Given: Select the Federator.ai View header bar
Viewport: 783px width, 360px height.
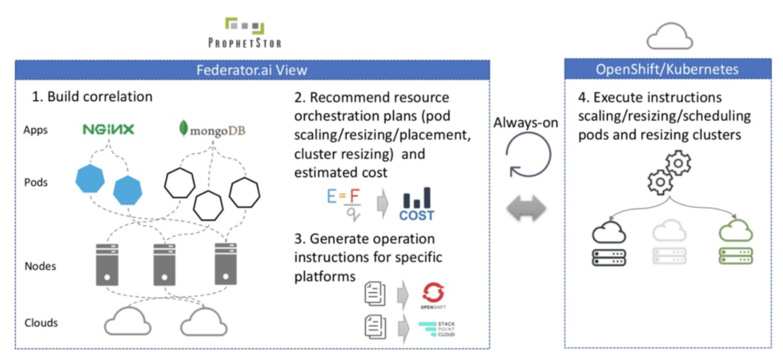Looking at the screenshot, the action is coord(252,70).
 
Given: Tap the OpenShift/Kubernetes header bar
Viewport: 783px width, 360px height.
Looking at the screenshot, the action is coord(667,70).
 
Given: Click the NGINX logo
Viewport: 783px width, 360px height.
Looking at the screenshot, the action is coord(108,131).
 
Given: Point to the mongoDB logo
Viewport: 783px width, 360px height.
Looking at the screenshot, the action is coord(213,131).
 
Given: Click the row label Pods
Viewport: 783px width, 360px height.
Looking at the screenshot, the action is coord(35,182).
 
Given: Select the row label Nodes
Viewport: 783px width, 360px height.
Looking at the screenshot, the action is coord(40,266).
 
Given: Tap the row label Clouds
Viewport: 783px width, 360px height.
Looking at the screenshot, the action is coord(41,323).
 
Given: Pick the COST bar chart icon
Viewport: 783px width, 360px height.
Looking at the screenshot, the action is coord(417,204).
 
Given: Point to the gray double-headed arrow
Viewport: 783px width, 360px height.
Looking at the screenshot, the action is coord(526,208).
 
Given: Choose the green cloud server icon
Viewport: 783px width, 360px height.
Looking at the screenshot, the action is coord(736,245).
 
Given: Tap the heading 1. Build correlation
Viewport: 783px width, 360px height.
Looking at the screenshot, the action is coord(92,97).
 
